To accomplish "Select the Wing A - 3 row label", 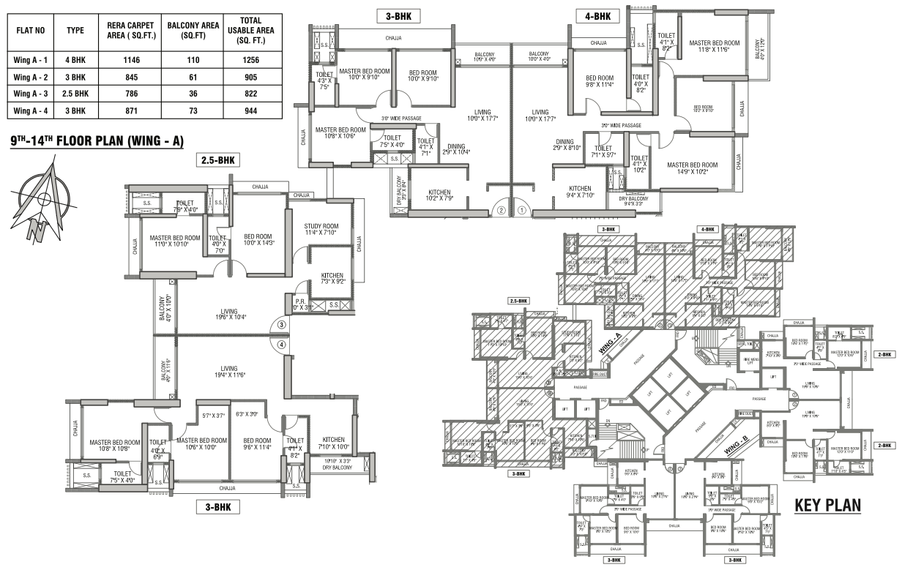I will tap(31, 94).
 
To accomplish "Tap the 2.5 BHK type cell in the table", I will tap(76, 94).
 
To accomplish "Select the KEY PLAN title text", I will tap(827, 506).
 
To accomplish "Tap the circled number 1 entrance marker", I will tap(522, 209).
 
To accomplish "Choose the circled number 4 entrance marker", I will tap(281, 345).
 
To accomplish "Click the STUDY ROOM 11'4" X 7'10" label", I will tap(321, 229).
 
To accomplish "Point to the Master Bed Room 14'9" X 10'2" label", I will tap(692, 169).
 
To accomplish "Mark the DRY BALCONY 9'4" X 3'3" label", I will tap(633, 201).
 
